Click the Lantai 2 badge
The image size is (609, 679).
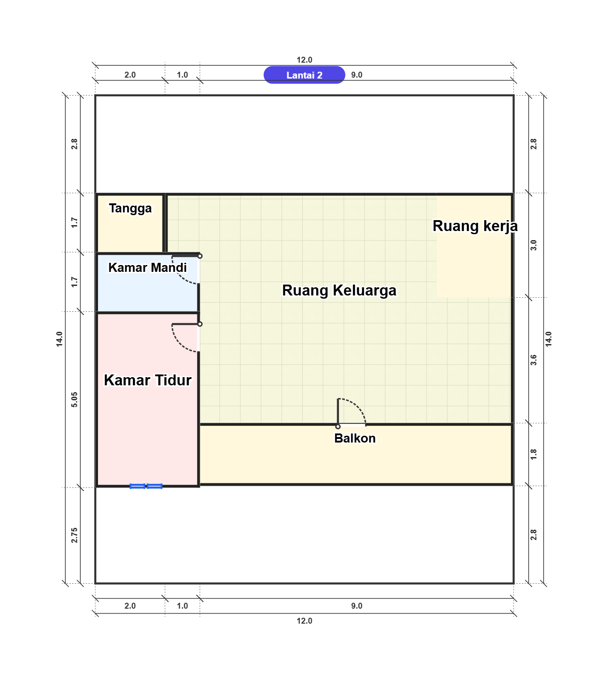pyautogui.click(x=304, y=75)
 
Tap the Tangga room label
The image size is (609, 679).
pyautogui.click(x=130, y=208)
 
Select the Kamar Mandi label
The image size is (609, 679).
pyautogui.click(x=147, y=267)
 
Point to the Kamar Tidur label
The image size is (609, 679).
pyautogui.click(x=147, y=380)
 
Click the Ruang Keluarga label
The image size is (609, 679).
pyautogui.click(x=339, y=290)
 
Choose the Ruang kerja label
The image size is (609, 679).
pyautogui.click(x=475, y=226)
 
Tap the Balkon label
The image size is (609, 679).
pyautogui.click(x=355, y=438)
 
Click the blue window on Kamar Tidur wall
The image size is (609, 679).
pyautogui.click(x=146, y=486)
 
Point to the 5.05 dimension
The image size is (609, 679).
pyautogui.click(x=74, y=399)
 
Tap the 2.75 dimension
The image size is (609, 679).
pyautogui.click(x=74, y=535)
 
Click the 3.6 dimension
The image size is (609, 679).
pyautogui.click(x=534, y=360)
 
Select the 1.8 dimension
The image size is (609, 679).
pyautogui.click(x=534, y=454)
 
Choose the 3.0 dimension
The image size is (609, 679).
pyautogui.click(x=534, y=245)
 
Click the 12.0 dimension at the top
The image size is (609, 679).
pyautogui.click(x=304, y=59)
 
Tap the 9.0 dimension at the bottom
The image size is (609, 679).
pyautogui.click(x=357, y=605)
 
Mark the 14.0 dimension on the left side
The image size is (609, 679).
pyautogui.click(x=59, y=339)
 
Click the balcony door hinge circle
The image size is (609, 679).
pyautogui.click(x=338, y=427)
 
